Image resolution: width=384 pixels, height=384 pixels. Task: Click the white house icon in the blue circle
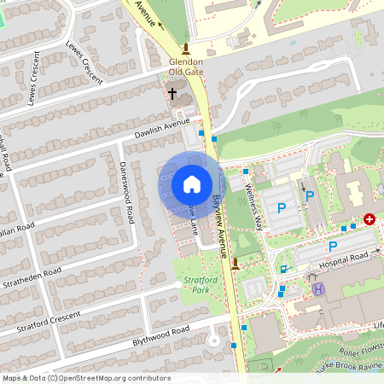192,183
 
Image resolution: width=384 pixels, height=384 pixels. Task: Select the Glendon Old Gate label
185,67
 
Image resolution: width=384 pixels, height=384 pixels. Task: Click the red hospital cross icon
369,219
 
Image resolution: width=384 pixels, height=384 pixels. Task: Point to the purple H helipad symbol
318,289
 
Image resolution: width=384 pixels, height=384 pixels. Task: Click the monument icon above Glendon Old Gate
186,48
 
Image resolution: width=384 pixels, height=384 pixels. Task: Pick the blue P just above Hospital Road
333,247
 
